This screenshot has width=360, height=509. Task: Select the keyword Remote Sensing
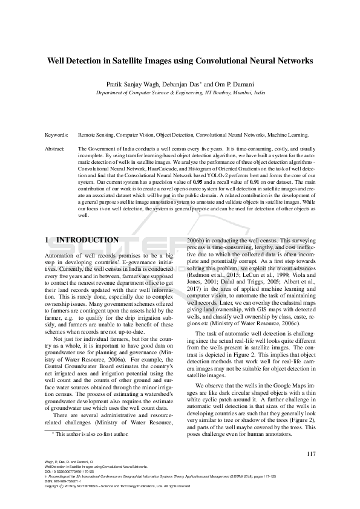tap(97, 135)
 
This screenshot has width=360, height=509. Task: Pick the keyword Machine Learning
tap(288, 135)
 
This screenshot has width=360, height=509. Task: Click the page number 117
tap(311, 455)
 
